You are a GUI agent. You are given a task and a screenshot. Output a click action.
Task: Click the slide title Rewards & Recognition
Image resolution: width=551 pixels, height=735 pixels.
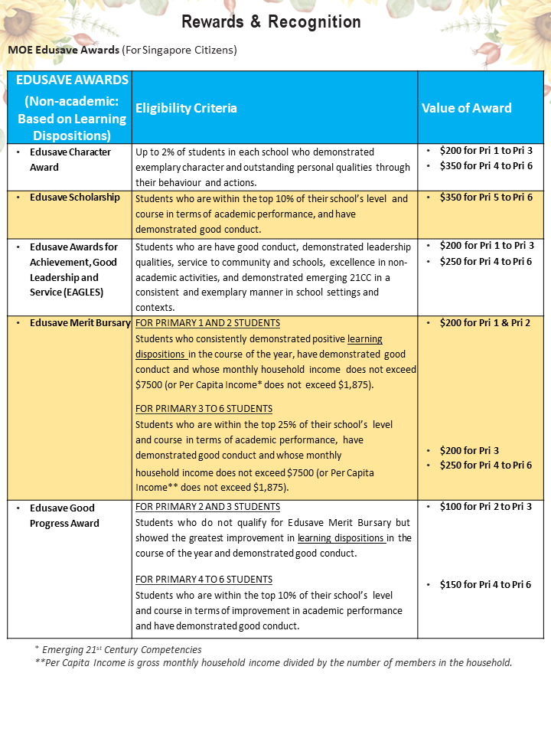point(271,22)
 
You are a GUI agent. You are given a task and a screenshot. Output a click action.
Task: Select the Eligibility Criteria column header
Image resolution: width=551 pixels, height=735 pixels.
point(186,108)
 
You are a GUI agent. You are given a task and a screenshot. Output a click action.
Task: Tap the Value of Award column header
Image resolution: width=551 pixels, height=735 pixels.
point(466,108)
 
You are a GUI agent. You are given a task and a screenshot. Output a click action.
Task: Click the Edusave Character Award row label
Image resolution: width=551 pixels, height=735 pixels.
point(70,159)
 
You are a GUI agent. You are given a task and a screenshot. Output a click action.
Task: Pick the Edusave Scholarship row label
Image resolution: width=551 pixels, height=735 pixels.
point(75,198)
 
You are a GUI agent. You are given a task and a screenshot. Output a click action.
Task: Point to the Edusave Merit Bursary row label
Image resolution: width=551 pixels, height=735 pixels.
point(80,323)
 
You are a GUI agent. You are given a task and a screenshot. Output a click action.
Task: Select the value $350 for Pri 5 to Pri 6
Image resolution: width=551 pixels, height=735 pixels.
point(486,198)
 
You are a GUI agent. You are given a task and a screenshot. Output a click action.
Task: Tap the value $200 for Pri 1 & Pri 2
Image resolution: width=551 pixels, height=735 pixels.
point(485,323)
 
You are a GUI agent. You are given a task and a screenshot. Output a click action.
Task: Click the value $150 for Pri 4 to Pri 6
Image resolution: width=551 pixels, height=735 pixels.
point(485,585)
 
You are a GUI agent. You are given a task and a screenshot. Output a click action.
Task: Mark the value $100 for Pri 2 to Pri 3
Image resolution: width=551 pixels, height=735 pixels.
point(486,507)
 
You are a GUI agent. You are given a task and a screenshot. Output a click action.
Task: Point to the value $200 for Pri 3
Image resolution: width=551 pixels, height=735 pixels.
point(469,451)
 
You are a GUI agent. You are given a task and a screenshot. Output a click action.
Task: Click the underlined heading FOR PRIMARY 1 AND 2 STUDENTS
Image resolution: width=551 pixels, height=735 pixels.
point(207,323)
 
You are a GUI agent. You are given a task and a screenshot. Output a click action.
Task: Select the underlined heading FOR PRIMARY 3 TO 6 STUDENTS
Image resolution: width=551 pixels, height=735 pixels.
point(204,409)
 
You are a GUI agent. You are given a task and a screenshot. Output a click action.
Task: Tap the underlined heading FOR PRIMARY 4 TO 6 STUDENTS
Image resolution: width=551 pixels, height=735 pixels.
point(204,580)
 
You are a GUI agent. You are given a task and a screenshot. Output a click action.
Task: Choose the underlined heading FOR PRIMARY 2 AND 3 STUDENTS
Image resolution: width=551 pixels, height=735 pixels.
point(207,507)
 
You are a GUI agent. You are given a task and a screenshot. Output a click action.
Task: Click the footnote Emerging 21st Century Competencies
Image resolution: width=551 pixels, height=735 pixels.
point(120,649)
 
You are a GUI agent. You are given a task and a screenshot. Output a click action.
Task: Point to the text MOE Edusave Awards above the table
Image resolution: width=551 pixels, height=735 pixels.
point(64,50)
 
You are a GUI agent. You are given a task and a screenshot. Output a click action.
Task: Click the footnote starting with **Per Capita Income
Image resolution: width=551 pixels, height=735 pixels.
point(273,663)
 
